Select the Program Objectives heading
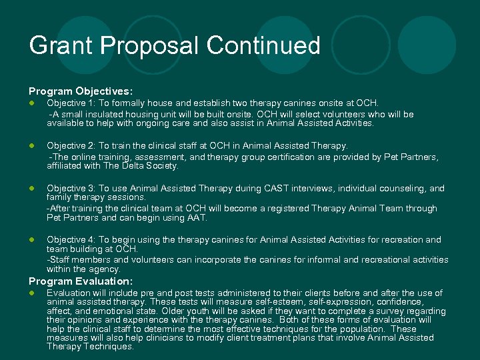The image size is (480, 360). (x=80, y=90)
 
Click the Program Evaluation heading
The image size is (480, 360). (x=80, y=282)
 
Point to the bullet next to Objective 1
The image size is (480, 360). (x=31, y=103)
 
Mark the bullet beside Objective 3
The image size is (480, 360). (x=31, y=189)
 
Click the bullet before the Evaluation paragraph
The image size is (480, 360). (x=31, y=293)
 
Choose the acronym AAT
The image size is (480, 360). (x=197, y=218)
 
